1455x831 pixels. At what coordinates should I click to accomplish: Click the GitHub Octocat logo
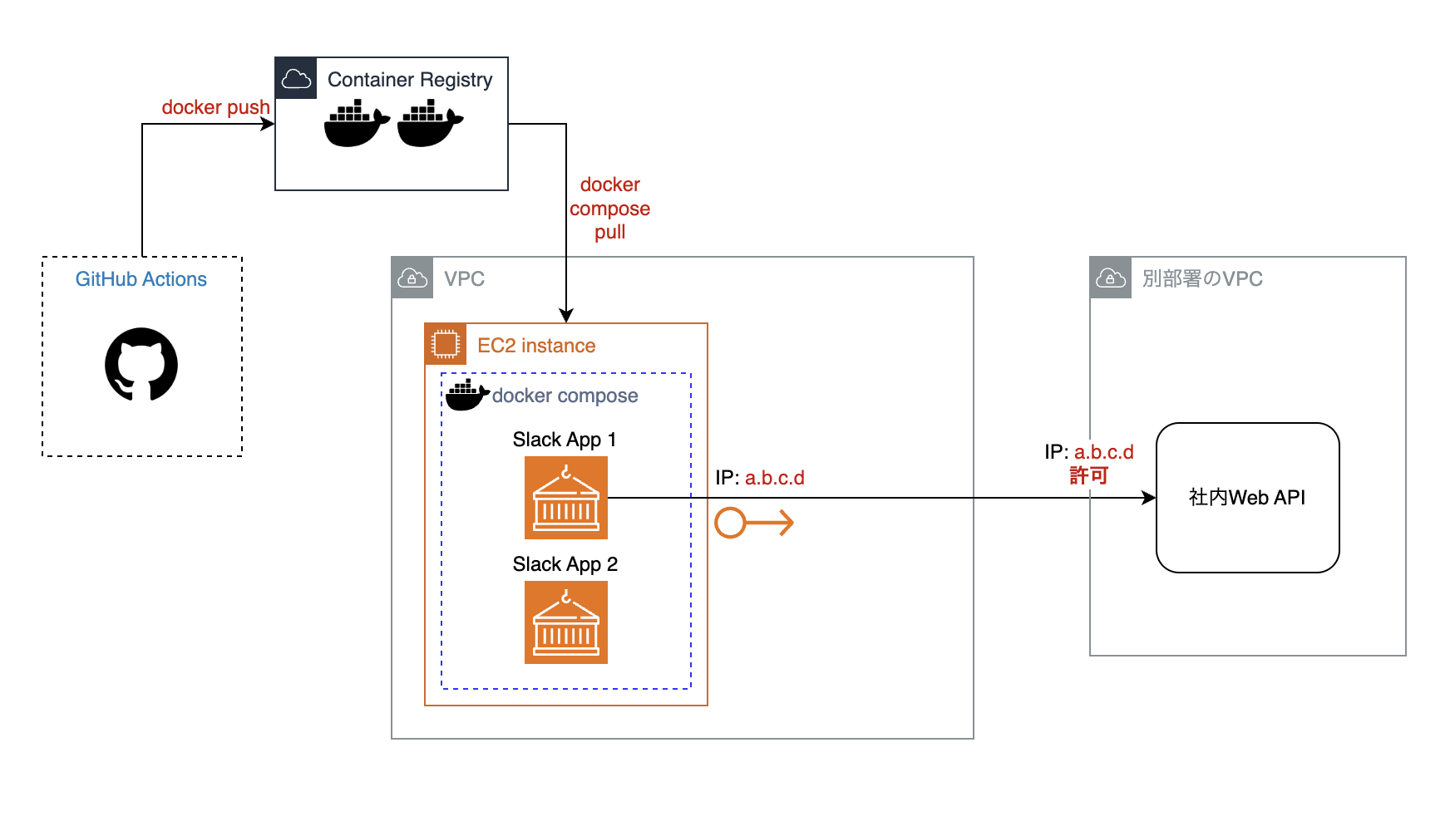pos(141,364)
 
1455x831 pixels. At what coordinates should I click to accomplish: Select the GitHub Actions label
pos(141,279)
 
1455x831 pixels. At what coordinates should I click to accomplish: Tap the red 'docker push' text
pos(215,107)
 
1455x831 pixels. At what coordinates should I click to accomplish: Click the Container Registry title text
pos(409,80)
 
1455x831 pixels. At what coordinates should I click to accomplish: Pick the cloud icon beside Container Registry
pos(296,79)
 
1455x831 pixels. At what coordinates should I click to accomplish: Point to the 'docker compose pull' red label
pos(609,209)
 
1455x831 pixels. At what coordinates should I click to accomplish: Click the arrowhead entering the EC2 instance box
pos(566,316)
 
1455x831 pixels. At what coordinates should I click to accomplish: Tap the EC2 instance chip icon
pos(446,344)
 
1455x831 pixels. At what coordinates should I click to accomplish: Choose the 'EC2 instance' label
pos(536,346)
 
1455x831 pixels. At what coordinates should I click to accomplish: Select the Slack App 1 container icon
pos(566,498)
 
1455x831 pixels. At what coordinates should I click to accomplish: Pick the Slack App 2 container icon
pos(566,622)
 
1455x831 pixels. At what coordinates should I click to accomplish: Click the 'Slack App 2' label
pos(565,564)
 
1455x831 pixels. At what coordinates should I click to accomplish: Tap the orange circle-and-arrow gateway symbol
pos(753,523)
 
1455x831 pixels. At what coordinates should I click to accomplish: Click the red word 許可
pos(1089,475)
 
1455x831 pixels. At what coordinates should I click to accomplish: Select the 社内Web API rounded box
pos(1247,498)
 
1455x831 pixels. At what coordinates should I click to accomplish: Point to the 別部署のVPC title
pos(1202,279)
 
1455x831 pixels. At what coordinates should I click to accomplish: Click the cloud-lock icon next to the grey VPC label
pos(412,278)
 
